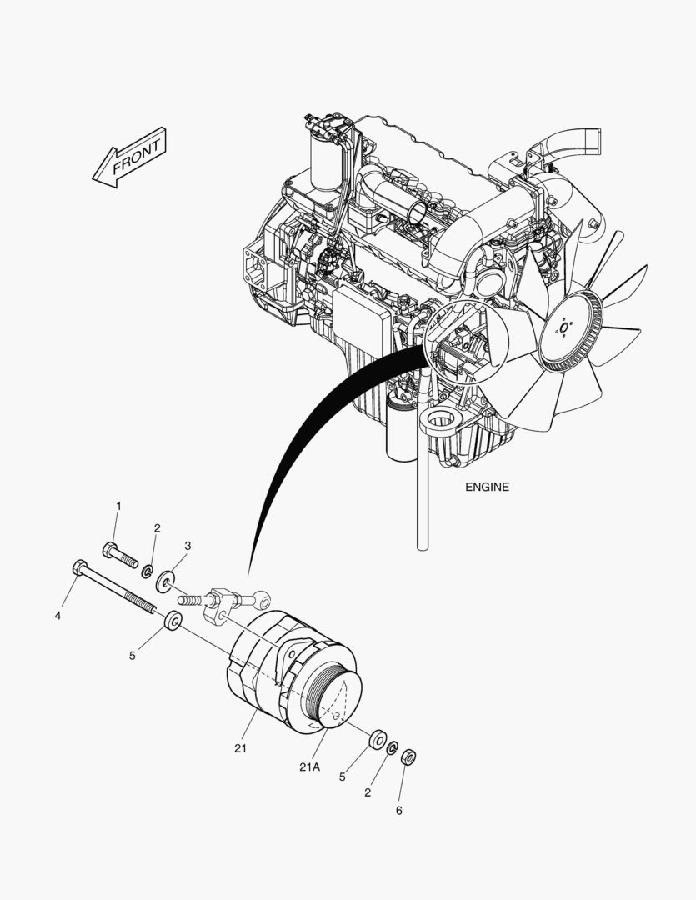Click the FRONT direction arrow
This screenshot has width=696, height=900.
point(129,157)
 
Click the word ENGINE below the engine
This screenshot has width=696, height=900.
point(487,487)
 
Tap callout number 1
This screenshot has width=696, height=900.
point(119,507)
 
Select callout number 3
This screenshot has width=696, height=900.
point(188,545)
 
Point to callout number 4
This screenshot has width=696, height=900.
point(58,616)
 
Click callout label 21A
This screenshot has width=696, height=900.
point(309,767)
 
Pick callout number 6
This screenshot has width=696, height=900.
point(398,811)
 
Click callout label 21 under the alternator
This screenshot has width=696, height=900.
point(240,748)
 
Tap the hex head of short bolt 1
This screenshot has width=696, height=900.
point(110,550)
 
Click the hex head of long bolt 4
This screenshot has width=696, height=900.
point(80,567)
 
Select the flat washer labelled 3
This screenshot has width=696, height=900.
point(166,582)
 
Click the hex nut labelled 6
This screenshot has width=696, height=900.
point(408,757)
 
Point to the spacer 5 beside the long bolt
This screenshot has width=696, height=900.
point(173,621)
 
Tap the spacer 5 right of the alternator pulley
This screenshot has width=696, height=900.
point(377,739)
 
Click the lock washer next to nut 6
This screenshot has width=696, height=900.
point(393,748)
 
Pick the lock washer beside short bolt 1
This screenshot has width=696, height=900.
point(147,571)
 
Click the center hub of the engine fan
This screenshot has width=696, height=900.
point(563,327)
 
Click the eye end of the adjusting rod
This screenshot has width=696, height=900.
point(262,600)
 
